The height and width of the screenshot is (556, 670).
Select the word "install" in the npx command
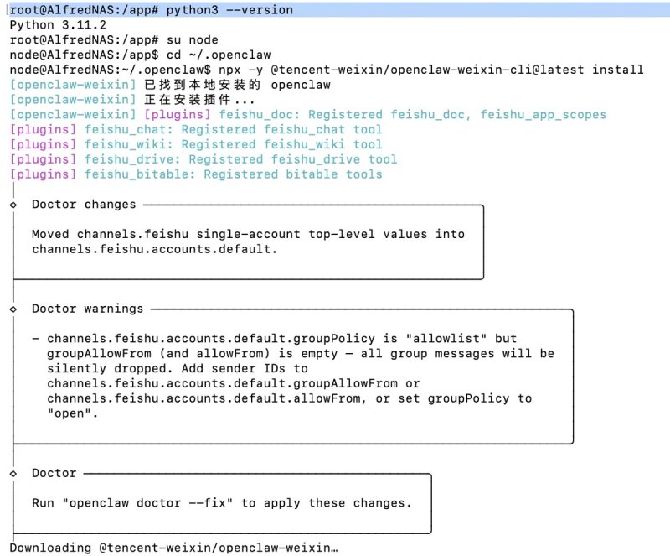click(x=618, y=70)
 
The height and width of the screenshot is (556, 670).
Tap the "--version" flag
click(x=256, y=9)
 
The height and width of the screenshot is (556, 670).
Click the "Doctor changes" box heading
click(x=84, y=205)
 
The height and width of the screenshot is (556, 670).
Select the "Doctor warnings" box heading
click(x=88, y=309)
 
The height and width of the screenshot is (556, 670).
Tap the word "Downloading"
click(x=50, y=548)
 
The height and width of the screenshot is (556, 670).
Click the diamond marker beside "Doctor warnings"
click(x=13, y=309)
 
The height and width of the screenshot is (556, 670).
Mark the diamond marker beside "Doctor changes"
click(x=13, y=205)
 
